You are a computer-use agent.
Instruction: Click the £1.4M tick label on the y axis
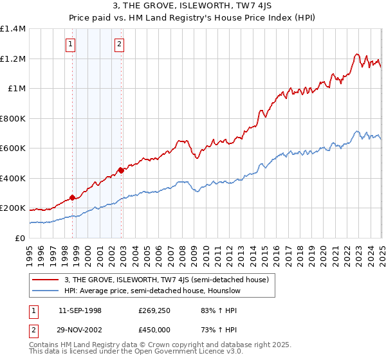pyautogui.click(x=13, y=29)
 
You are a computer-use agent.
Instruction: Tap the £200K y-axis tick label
pyautogui.click(x=13, y=208)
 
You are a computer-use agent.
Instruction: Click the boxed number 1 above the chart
pyautogui.click(x=70, y=44)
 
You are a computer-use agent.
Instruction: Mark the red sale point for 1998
pyautogui.click(x=73, y=198)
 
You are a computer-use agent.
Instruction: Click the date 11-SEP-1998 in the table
pyautogui.click(x=80, y=310)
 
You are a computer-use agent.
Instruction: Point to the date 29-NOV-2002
pyautogui.click(x=80, y=330)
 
